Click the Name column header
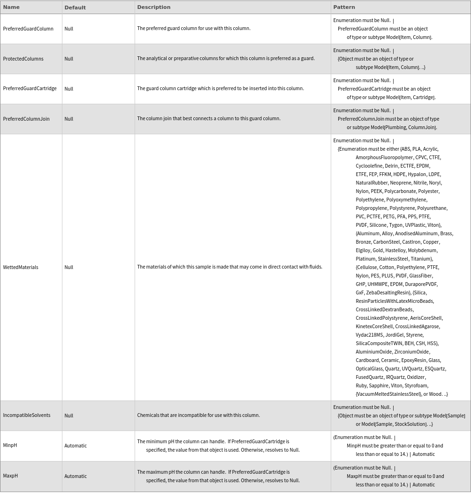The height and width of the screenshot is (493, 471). [11, 7]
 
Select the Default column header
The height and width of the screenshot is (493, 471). [75, 8]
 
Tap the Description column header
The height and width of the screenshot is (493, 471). [153, 7]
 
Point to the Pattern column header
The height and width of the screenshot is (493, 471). [344, 7]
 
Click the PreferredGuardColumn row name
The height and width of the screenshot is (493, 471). [28, 29]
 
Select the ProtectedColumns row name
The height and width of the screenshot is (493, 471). [23, 59]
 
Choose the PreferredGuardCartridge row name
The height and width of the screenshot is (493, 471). [30, 89]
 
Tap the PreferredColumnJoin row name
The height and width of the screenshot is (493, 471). [26, 119]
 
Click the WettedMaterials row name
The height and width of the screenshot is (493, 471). [21, 267]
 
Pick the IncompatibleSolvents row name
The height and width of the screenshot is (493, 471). [27, 416]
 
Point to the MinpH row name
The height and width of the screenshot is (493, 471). [10, 446]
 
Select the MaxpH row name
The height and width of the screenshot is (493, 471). [10, 476]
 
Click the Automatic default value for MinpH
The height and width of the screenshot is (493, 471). [76, 446]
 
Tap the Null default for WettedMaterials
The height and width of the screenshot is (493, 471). [69, 267]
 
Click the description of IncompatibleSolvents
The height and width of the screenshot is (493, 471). [198, 416]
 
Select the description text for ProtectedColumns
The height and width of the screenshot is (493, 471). [226, 59]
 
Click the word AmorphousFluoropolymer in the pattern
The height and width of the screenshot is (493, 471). [384, 157]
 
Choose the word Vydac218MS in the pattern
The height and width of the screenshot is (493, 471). [369, 335]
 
